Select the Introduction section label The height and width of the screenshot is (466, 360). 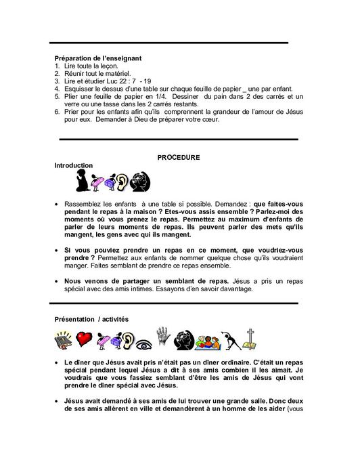(74, 166)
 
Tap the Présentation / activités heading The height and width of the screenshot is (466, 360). (91, 318)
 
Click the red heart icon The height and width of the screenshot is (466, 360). (85, 339)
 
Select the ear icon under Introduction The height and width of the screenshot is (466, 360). (122, 182)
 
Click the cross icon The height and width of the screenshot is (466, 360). (250, 338)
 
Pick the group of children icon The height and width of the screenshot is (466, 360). (206, 339)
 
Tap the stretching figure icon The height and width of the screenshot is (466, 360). (229, 339)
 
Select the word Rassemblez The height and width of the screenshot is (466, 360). (83, 203)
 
